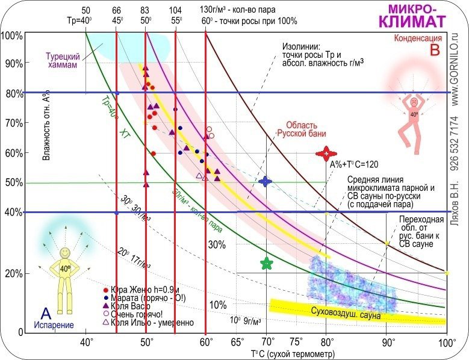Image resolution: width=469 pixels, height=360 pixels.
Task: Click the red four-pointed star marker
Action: (326, 154)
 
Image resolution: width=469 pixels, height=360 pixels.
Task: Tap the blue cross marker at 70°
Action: (266, 181)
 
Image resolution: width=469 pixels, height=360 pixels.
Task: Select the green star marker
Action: (267, 263)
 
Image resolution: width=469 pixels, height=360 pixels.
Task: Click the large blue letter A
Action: (45, 313)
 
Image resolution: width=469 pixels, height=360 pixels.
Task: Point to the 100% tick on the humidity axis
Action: (12, 36)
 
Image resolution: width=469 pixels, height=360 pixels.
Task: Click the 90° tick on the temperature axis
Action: (386, 343)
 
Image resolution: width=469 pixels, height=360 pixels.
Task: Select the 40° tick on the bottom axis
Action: (86, 343)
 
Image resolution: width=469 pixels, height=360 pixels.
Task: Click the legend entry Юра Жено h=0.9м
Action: (137, 290)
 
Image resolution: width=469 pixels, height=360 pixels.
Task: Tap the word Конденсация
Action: (421, 38)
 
